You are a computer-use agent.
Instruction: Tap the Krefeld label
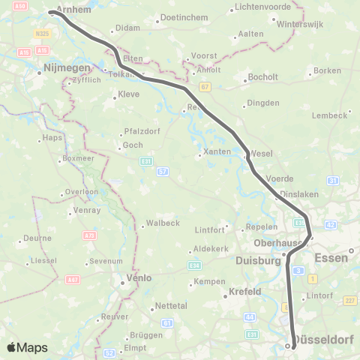point(244,291)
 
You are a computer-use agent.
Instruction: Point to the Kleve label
point(129,95)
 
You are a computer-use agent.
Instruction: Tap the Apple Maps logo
point(27,347)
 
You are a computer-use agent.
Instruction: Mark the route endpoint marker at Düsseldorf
point(288,346)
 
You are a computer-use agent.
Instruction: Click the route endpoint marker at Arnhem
point(52,12)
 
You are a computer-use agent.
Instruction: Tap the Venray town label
point(88,211)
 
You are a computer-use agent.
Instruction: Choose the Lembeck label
point(331,115)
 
